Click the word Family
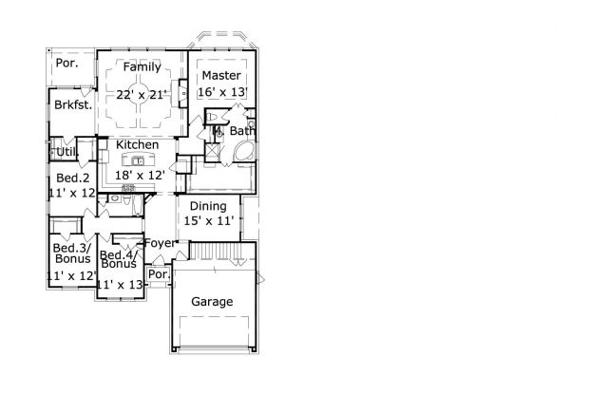[142, 66]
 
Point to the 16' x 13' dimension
[222, 92]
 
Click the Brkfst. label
[72, 105]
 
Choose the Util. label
[67, 151]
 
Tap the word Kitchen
[138, 144]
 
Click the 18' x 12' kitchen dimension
[140, 176]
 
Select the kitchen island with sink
[139, 159]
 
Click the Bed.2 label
[71, 178]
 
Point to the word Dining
[208, 206]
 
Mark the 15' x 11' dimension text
[208, 222]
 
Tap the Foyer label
[159, 243]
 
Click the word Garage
[213, 302]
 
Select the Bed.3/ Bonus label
[72, 252]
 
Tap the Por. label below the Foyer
[159, 276]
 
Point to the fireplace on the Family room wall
[182, 96]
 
